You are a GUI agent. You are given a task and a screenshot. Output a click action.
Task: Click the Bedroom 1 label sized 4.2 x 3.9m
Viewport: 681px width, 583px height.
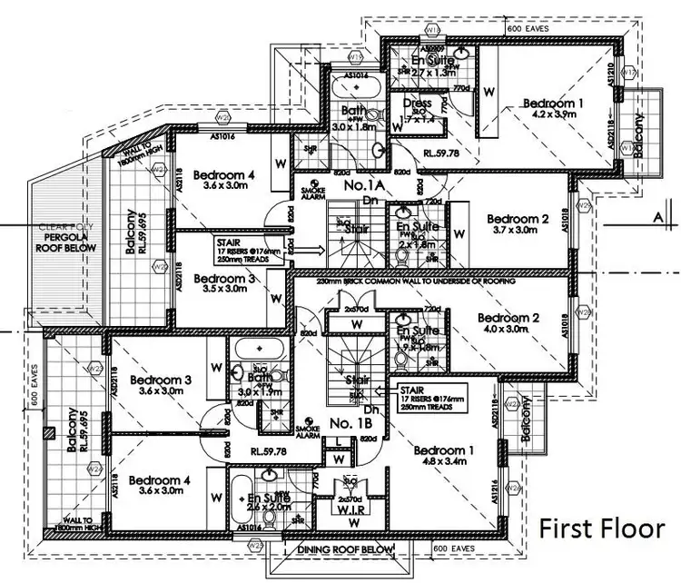(555, 110)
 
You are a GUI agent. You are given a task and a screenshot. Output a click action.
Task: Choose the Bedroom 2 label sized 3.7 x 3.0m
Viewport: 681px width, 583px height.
(518, 224)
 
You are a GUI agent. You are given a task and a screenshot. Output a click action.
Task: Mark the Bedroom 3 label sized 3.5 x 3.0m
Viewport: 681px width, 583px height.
(222, 284)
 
